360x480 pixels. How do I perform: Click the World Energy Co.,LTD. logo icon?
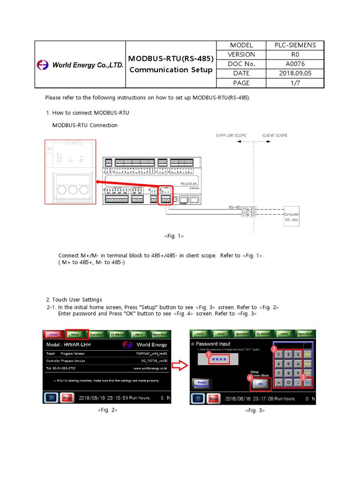[x=43, y=65]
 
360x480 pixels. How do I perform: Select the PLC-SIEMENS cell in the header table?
[x=295, y=45]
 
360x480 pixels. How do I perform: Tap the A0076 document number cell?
[x=295, y=64]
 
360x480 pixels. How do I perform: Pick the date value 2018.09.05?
[x=295, y=74]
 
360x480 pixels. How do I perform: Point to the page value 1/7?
[x=295, y=83]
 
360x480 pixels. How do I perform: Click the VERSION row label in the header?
[x=241, y=55]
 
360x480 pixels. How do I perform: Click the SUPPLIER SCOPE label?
[x=231, y=135]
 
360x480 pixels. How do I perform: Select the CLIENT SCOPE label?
[x=275, y=135]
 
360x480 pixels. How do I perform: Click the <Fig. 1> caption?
[x=174, y=236]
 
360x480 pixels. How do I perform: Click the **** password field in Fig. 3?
[x=218, y=360]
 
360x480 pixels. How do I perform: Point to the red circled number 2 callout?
[x=274, y=349]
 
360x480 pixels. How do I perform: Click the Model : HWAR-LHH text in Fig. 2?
[x=69, y=345]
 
